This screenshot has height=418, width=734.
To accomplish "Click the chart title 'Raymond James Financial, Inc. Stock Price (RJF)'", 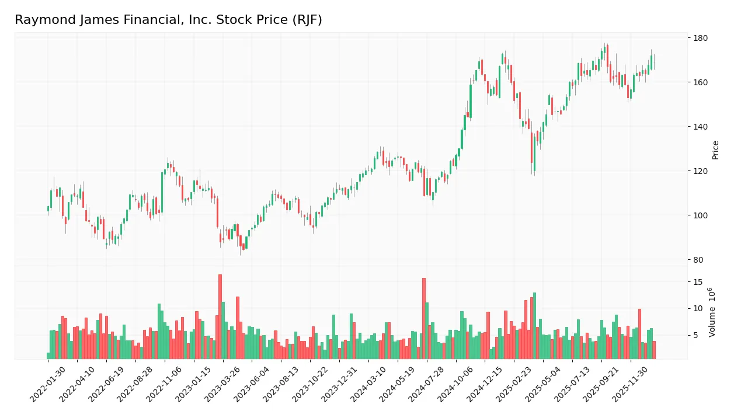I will point(168,20).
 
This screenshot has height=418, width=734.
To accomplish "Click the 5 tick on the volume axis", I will point(696,335).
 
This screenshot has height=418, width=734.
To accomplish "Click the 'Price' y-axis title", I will point(715,150).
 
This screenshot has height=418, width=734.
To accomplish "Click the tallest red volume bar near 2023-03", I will point(220,317).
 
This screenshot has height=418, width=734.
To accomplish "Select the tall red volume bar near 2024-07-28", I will point(424,319).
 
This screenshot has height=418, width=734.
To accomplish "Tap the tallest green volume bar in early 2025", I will point(534,326).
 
